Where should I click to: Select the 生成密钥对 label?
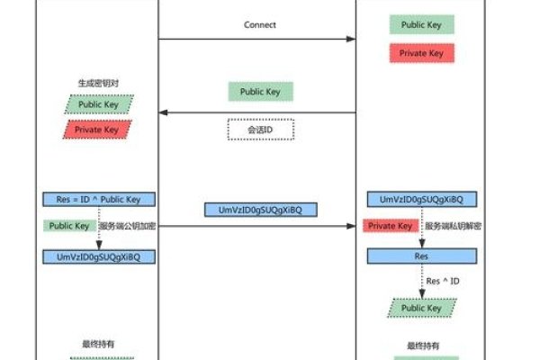point(98,83)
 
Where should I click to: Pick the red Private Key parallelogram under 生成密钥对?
point(98,130)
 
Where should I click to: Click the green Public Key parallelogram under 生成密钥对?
point(98,103)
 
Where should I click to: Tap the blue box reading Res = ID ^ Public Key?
point(98,198)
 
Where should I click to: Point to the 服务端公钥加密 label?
point(127,226)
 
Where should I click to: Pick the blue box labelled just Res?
point(421,256)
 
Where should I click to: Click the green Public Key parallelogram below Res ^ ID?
point(421,308)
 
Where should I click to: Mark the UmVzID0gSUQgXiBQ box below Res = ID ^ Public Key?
point(98,256)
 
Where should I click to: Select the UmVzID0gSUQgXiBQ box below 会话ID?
point(260,209)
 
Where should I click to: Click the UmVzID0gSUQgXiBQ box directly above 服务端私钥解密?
point(421,198)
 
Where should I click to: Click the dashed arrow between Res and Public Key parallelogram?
point(421,281)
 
